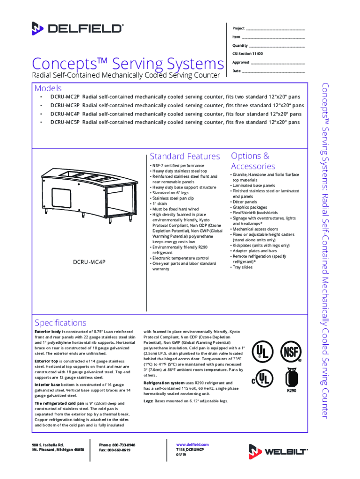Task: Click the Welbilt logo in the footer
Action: coord(278,451)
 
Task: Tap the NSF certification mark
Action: coord(289,352)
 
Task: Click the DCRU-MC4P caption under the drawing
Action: coord(89,262)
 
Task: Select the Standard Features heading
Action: coord(185,156)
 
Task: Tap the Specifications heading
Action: coord(61,323)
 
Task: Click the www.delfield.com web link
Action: coord(192,444)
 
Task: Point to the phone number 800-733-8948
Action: coord(123,444)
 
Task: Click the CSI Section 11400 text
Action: coord(248,54)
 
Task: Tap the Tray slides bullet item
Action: coord(242,267)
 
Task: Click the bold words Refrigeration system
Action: coord(162,383)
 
